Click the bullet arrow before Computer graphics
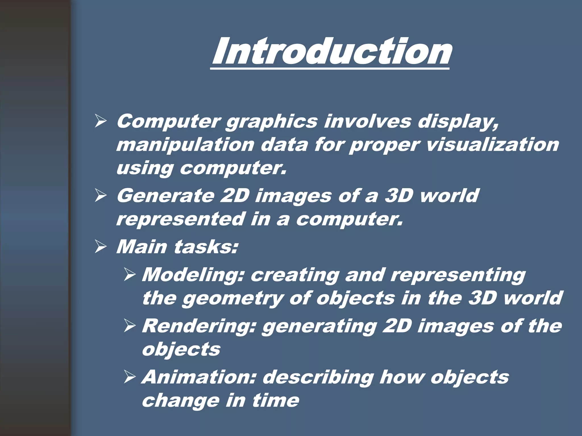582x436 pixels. coord(100,122)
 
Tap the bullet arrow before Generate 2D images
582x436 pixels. coord(100,196)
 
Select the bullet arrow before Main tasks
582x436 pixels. coord(100,247)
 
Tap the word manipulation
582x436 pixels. coord(185,145)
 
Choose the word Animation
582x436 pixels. coord(199,377)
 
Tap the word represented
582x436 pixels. coord(181,219)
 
